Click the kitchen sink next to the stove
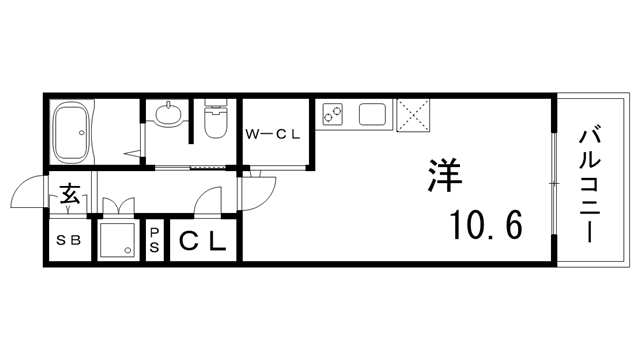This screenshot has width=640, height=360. pos(373,114)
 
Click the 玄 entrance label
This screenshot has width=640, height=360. pos(70,194)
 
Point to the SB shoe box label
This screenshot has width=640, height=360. pos(68,240)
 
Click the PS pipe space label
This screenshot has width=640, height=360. pos(155,239)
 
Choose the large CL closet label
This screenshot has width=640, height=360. pos(202,240)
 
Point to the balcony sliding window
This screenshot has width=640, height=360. pos(553,180)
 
